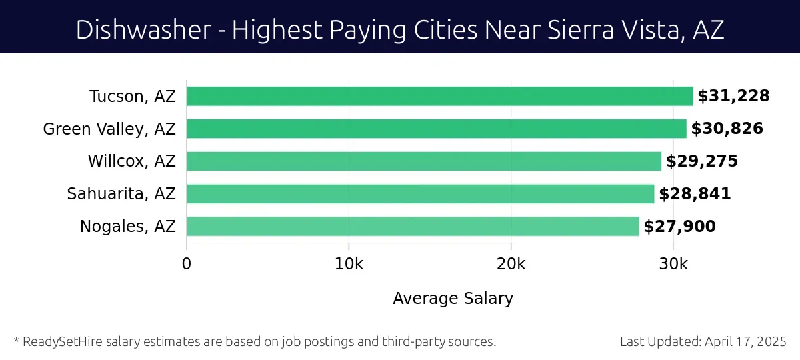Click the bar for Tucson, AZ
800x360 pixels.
tap(439, 96)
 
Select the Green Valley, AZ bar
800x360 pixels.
tap(436, 129)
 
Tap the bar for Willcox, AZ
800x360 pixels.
tap(423, 161)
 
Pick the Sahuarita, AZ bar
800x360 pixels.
tap(420, 194)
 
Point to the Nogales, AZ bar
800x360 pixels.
tap(412, 227)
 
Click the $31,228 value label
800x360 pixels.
tap(733, 96)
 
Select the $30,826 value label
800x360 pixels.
tap(727, 129)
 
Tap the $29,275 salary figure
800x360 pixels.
tap(701, 161)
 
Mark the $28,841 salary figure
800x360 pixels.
tap(695, 194)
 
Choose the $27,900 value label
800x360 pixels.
tap(679, 227)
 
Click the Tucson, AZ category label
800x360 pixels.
tap(133, 96)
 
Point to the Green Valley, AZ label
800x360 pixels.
tap(109, 129)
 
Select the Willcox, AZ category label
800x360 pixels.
tap(131, 161)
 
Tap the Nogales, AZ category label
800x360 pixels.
tap(127, 227)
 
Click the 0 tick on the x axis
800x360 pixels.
tap(187, 264)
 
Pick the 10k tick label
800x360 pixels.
tap(349, 264)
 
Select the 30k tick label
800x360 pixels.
tap(673, 264)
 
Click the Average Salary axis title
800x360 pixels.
tap(453, 298)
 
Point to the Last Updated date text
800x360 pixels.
tap(703, 342)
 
